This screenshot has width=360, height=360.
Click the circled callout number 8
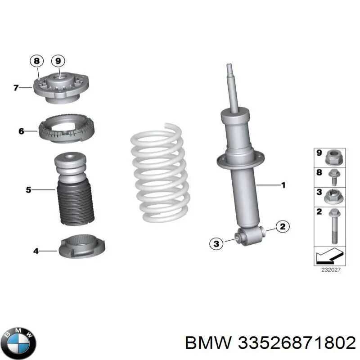pos(36,61)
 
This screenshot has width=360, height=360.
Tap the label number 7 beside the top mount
pos(16,88)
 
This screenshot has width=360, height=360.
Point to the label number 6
pos(21,131)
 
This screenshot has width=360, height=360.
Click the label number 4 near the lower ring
pos(36,251)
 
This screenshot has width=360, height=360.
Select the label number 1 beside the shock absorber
pos(283,184)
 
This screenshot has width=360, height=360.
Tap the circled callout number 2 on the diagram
pos(282,227)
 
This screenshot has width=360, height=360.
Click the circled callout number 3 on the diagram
pos(216,243)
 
